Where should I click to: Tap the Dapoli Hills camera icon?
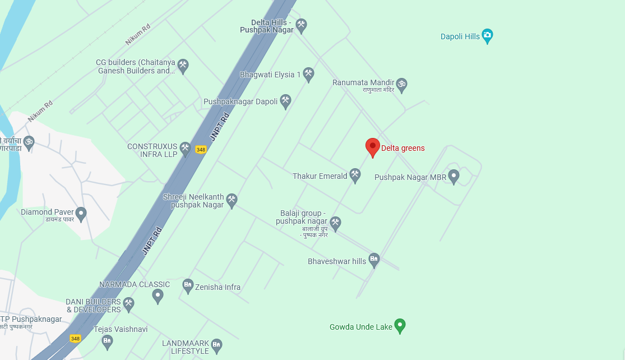pos(487,36)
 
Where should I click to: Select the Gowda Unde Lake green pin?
pos(400,325)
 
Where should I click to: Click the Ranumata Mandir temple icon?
pos(401,85)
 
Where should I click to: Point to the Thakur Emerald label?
pos(320,176)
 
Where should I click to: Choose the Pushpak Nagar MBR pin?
pos(453,177)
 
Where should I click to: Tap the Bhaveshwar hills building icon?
pos(374,260)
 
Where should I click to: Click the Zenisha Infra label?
pos(217,287)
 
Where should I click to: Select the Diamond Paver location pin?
pos(81,214)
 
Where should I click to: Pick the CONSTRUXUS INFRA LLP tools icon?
pos(186,149)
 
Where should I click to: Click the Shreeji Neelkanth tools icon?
pos(232,200)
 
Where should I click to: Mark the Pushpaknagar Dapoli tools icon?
pos(285,101)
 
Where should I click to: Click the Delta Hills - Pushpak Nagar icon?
pos(302,25)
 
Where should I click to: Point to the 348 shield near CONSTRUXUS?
pos(201,150)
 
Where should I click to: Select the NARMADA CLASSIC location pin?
pos(158,296)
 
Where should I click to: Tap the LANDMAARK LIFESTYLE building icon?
pos(216,345)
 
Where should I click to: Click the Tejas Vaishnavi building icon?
pos(107,341)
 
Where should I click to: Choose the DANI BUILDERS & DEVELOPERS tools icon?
pos(128,304)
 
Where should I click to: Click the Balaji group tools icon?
pos(335,223)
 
